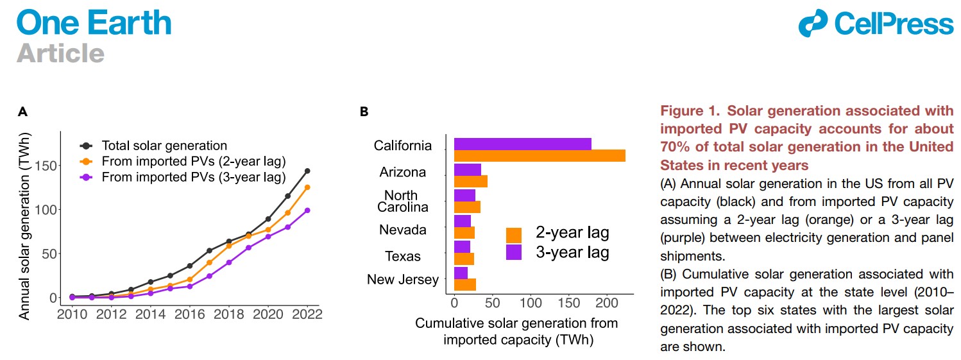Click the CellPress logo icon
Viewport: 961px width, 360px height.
click(x=814, y=23)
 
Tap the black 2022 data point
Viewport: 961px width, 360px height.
click(x=307, y=171)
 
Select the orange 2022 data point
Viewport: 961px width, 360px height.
click(x=307, y=187)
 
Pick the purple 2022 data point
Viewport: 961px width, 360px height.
click(x=307, y=210)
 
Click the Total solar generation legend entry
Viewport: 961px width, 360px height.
click(x=164, y=146)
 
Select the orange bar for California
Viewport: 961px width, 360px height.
click(x=539, y=155)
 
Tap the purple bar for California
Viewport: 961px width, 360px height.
click(x=522, y=144)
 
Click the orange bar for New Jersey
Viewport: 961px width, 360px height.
click(x=464, y=284)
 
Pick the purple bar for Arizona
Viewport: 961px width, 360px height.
click(x=467, y=169)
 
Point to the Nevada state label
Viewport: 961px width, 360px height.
click(x=403, y=230)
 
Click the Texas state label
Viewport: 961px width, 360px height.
click(x=403, y=257)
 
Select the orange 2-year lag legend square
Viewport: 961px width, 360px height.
click(x=514, y=235)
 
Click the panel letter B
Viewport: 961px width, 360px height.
click(x=364, y=112)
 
